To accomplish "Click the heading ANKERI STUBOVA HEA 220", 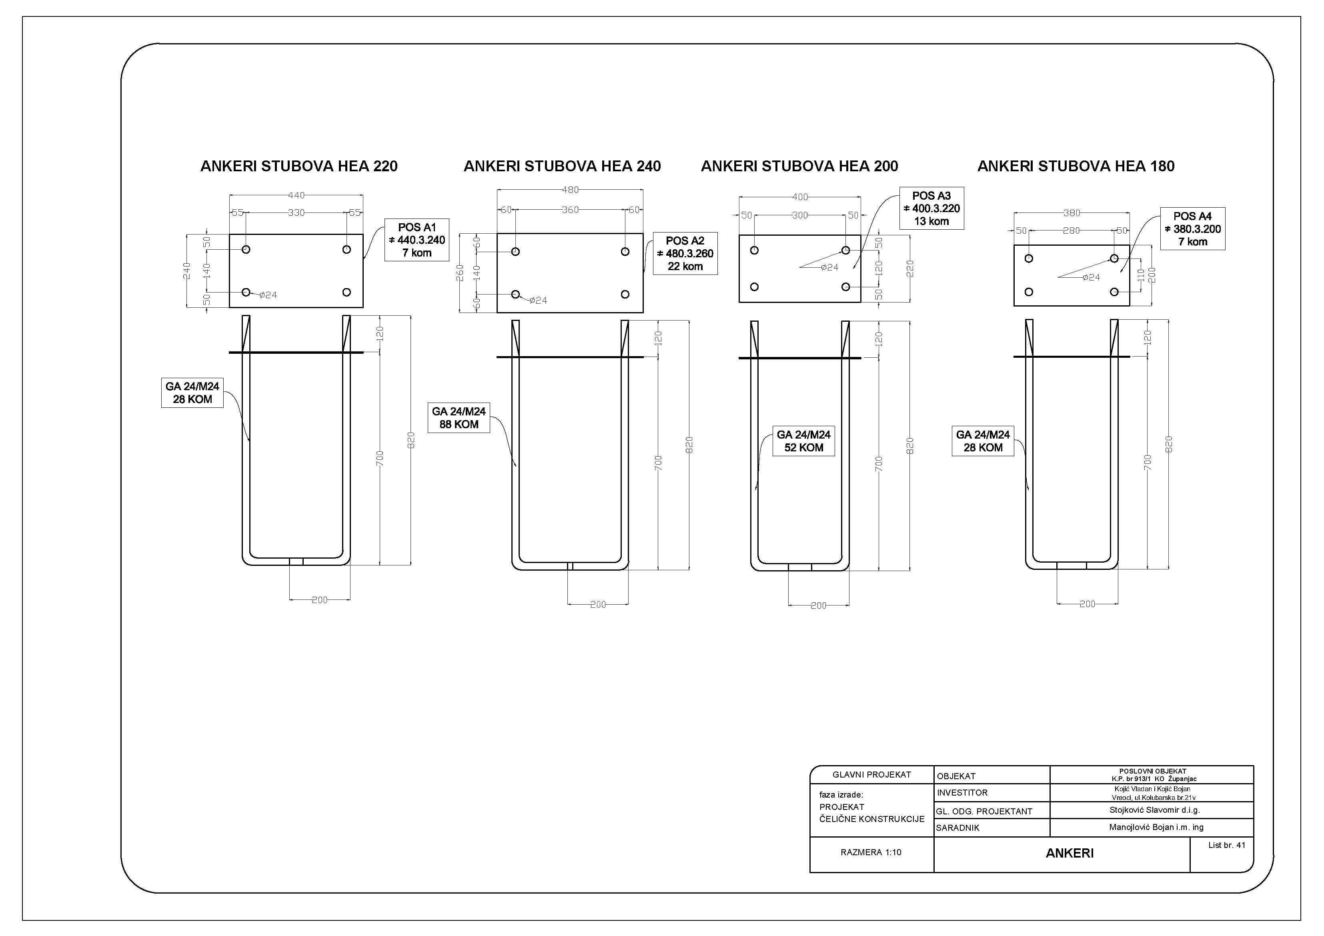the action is [299, 166].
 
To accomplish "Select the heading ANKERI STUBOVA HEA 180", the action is [1076, 166].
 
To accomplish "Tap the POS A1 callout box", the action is [417, 240].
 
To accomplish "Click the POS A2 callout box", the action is [685, 253].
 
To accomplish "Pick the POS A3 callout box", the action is [931, 208].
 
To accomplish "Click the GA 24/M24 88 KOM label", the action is [459, 417].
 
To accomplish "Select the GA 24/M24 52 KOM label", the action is [803, 441].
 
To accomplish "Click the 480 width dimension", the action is [570, 190].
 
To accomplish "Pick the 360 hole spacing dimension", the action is [570, 210].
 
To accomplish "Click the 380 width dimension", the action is [1072, 213].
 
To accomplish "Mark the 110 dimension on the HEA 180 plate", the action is [1141, 275].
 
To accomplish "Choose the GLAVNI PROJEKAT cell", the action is [872, 774].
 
